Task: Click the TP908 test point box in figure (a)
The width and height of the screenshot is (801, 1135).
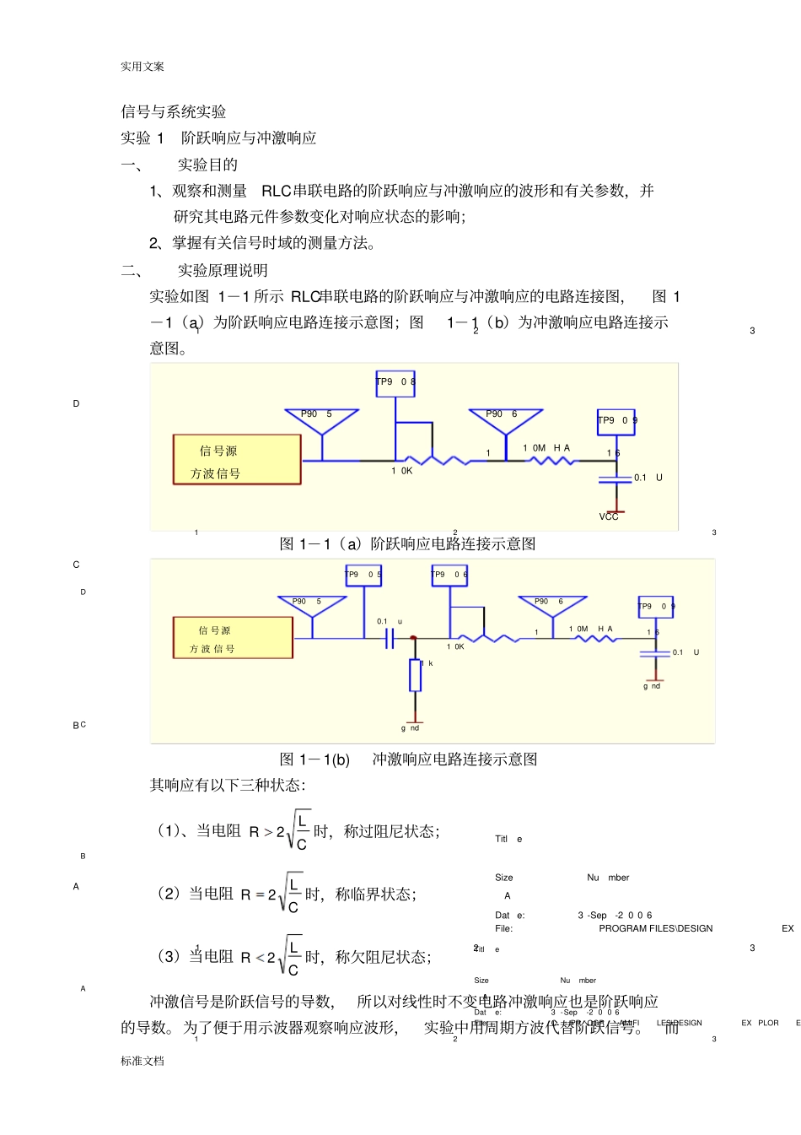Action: [x=395, y=383]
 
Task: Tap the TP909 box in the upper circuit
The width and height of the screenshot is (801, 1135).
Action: [x=616, y=421]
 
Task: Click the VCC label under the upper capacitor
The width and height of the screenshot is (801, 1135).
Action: [x=609, y=516]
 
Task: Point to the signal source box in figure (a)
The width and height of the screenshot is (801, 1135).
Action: [x=237, y=460]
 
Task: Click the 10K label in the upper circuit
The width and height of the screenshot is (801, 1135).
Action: [x=402, y=471]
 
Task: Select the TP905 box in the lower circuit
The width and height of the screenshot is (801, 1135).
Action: [x=363, y=575]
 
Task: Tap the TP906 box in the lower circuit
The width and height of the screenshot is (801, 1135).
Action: [x=449, y=575]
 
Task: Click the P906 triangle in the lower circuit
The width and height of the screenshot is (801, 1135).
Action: [x=552, y=606]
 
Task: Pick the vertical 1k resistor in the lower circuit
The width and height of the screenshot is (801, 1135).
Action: [x=415, y=675]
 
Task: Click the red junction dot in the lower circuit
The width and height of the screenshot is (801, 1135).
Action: [x=413, y=638]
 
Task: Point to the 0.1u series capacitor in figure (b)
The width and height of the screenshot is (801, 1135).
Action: [x=389, y=639]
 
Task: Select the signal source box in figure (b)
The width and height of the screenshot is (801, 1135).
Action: [x=233, y=638]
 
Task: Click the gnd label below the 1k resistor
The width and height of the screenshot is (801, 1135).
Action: [x=411, y=727]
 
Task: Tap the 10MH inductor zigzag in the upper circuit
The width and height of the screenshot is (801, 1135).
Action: [x=553, y=461]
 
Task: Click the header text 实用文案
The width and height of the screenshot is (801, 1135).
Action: [x=142, y=67]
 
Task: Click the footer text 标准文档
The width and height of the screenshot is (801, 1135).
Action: [x=142, y=1061]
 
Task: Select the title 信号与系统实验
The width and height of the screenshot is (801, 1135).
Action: [x=174, y=112]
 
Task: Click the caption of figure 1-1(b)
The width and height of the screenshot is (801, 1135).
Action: [x=408, y=759]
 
